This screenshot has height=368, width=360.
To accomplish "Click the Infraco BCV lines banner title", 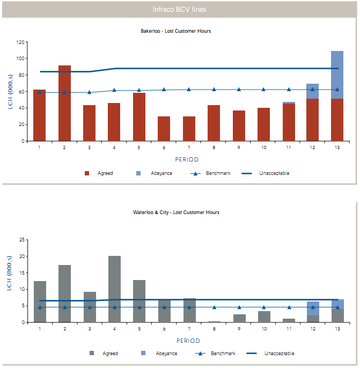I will [179, 9].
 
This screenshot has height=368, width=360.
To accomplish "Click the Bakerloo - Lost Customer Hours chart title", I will [180, 31].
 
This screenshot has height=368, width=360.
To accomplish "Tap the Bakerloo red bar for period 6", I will [164, 129].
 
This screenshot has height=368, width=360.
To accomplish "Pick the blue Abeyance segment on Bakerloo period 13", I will [337, 75].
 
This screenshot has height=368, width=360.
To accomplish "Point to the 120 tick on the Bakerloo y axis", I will [21, 42].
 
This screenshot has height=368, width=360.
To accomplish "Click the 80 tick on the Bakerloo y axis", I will [21, 75].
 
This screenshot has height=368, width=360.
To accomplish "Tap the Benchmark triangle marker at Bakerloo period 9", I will [239, 90].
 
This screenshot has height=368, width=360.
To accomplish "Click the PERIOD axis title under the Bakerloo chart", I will [187, 159].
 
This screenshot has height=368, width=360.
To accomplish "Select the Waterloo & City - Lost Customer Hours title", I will [180, 212].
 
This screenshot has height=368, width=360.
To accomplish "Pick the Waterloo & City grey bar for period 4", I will [114, 289].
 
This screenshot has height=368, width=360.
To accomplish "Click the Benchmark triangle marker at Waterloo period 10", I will [263, 307].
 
